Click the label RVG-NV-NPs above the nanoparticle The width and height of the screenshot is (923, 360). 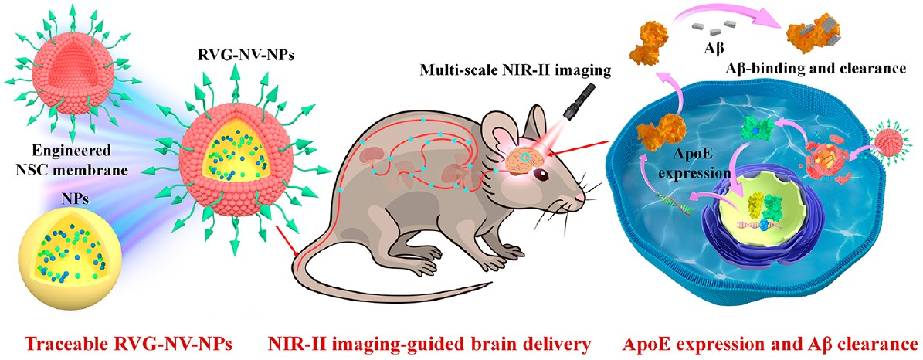235,59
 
